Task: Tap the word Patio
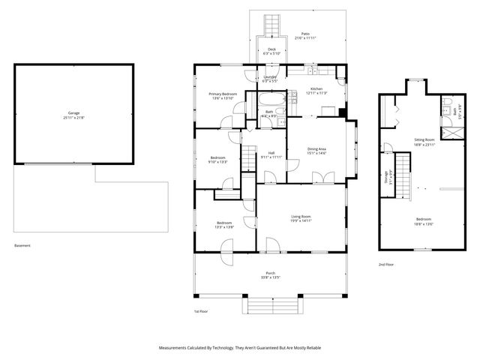pyautogui.click(x=305, y=34)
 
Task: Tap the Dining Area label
pyautogui.click(x=316, y=148)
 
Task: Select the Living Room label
pyautogui.click(x=301, y=216)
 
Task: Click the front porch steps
pyautogui.click(x=268, y=305)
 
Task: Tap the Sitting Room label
pyautogui.click(x=424, y=139)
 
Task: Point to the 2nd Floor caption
pyautogui.click(x=386, y=264)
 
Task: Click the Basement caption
pyautogui.click(x=23, y=246)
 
